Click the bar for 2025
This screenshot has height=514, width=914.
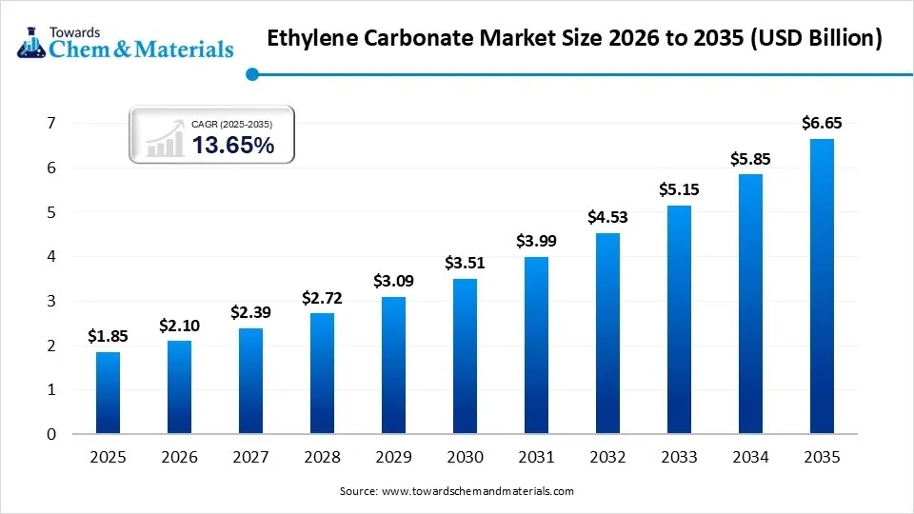[x=108, y=393]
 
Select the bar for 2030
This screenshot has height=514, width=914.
[x=465, y=357]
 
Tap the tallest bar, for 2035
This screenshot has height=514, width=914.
[x=822, y=287]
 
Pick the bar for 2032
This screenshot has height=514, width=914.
[x=607, y=334]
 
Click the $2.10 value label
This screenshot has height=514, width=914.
[x=179, y=326]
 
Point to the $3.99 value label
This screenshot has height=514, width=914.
[x=536, y=242]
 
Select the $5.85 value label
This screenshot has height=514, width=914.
[x=750, y=159]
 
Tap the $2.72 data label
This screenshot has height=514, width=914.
[x=322, y=298]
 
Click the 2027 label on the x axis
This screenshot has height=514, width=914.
[x=250, y=458]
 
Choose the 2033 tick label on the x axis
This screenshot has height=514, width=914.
[x=679, y=458]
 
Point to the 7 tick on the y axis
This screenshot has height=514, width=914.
[x=51, y=123]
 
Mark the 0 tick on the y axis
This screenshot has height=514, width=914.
[x=51, y=434]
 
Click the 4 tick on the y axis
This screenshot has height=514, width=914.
[x=51, y=256]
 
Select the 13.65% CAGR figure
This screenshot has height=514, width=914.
[x=233, y=145]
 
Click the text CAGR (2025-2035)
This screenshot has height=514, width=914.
[x=231, y=124]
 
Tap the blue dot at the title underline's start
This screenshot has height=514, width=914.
[x=251, y=73]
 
